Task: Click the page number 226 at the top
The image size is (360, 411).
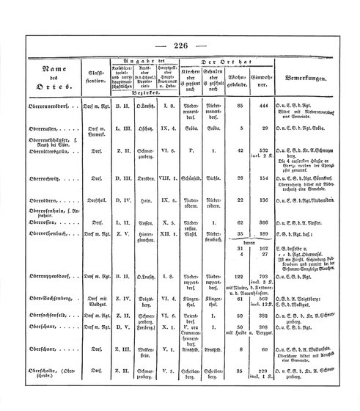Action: pos(181,46)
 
